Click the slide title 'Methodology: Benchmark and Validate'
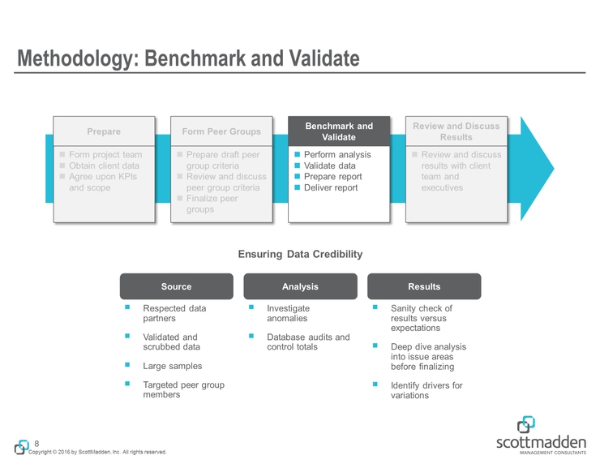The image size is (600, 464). coord(188,58)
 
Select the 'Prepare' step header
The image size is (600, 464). coord(103,131)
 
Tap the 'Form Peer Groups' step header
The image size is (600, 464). coord(221,131)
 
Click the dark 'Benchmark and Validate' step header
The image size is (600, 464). coord(339,131)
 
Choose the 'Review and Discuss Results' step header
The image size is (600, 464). coord(456,131)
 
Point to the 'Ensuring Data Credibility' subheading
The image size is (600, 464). coord(300,255)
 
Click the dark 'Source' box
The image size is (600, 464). coord(176,286)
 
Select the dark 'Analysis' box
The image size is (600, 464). coord(300,286)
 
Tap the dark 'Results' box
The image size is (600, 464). coord(424,286)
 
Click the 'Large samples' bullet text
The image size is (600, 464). coord(172,366)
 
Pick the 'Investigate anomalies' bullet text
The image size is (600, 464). coord(289,314)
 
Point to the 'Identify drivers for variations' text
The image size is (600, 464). coord(426,390)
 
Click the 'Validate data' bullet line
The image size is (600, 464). coord(329,165)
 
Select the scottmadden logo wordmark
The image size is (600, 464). coord(540,441)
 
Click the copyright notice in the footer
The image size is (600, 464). coord(97,452)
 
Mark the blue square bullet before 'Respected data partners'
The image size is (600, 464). coord(127,308)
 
